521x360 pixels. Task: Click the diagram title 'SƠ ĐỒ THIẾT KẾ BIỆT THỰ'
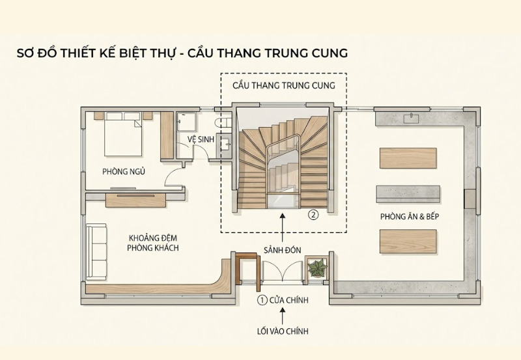click(95, 53)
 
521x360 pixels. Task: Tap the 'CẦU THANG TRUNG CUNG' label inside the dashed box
click(283, 86)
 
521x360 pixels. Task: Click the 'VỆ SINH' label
click(200, 140)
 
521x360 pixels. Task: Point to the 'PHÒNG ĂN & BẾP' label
click(408, 216)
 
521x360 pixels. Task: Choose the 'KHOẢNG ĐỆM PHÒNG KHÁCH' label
click(154, 243)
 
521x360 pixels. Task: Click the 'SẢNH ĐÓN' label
click(283, 250)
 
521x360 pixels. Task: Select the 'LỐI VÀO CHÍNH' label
click(283, 332)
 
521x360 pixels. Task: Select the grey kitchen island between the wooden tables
click(408, 194)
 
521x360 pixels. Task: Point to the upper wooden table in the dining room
click(408, 158)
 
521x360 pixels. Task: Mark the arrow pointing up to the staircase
click(283, 228)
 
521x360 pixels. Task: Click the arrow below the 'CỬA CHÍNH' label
click(283, 316)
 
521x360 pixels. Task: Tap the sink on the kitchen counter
click(412, 118)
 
